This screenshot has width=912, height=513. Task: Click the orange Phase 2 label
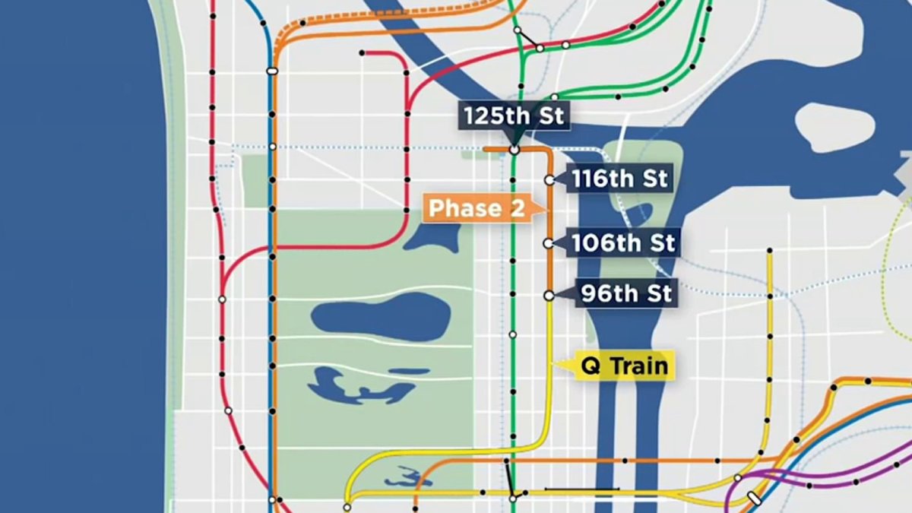point(477,208)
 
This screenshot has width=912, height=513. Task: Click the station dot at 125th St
point(515,150)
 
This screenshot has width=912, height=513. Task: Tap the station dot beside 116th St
point(549,180)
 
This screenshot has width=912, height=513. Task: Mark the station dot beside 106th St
point(548,243)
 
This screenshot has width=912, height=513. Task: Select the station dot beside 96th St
point(548,295)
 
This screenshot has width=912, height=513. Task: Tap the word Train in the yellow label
point(640,366)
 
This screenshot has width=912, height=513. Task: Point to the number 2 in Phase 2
point(517,208)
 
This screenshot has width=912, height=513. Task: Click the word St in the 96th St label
point(657,293)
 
